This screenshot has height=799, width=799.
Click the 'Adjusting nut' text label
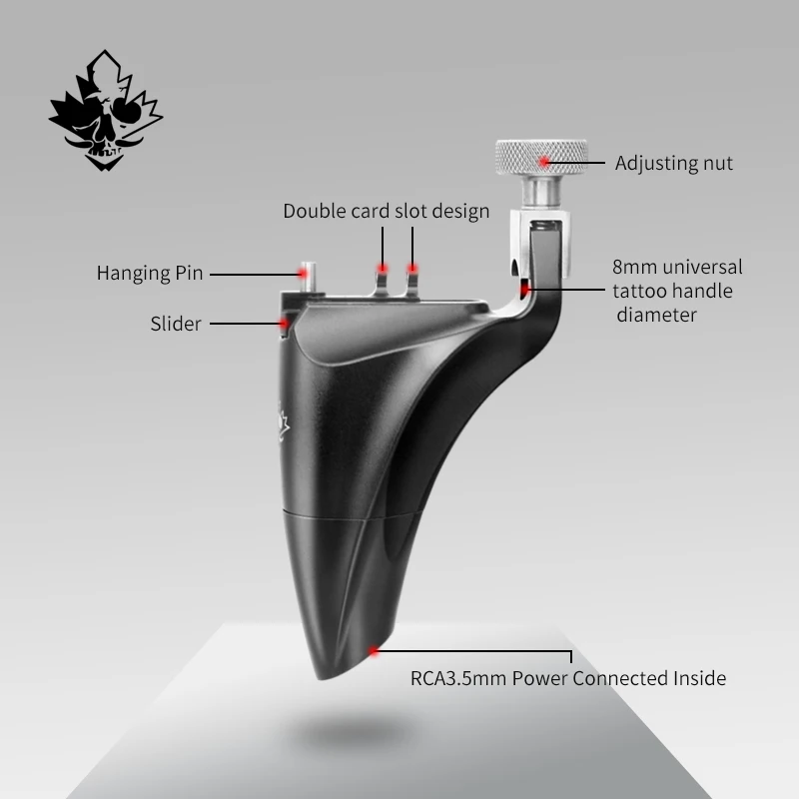[673, 163]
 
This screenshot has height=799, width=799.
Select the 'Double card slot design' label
[386, 211]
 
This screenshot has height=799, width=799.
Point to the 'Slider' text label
[176, 324]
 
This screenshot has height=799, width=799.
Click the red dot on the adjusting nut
[543, 160]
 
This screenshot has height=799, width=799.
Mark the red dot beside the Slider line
[284, 324]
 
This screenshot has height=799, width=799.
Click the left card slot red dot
[381, 269]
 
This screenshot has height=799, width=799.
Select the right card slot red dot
[411, 269]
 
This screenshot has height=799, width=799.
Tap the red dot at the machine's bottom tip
[374, 651]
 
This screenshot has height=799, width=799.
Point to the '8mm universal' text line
[678, 268]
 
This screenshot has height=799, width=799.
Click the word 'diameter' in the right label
[656, 315]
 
